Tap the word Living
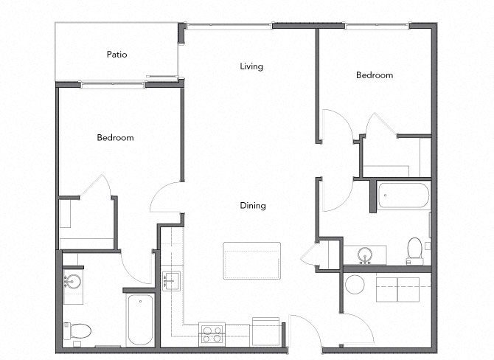251,66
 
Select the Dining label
252,206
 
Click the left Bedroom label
115,138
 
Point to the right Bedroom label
375,75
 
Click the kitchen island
252,260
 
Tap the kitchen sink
171,281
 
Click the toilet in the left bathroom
77,330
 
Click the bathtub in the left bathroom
140,319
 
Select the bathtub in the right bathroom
403,195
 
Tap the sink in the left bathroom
72,283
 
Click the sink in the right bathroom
364,256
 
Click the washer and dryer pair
397,289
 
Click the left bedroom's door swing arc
165,198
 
